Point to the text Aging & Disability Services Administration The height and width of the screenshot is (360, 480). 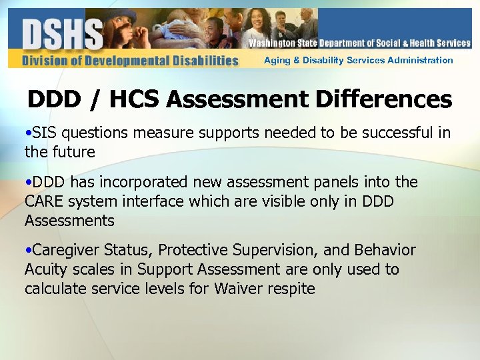(358, 60)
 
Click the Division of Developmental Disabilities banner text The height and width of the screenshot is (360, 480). (130, 61)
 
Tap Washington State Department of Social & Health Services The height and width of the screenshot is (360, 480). (359, 43)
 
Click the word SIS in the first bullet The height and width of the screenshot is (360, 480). (45, 133)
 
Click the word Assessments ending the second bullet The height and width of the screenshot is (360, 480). (69, 221)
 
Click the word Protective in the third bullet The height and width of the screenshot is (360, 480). (195, 251)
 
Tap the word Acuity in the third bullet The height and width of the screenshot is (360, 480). (45, 270)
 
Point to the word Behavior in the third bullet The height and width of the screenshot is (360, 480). (386, 251)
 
